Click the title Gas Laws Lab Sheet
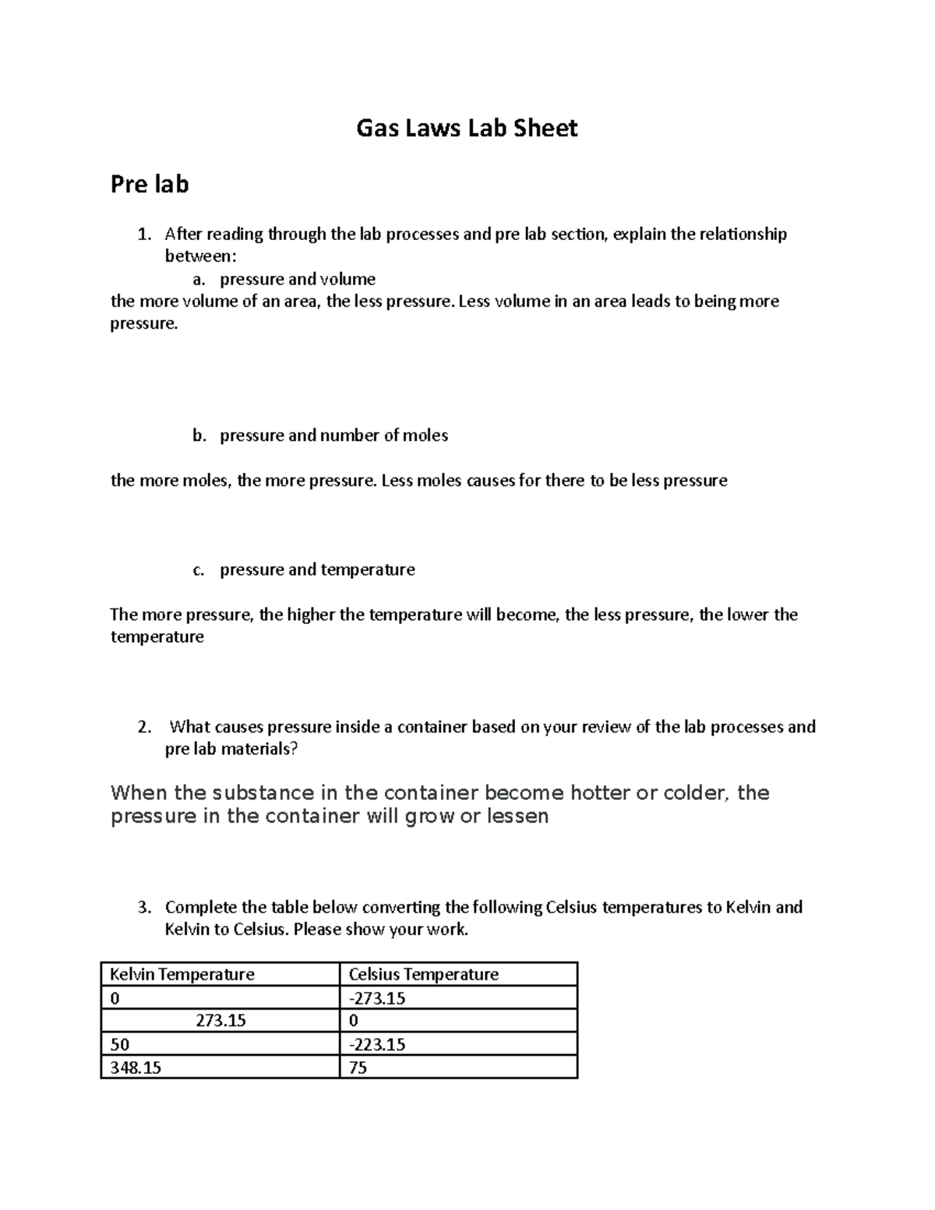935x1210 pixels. (467, 128)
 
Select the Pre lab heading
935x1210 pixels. (150, 185)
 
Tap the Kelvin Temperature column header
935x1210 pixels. (182, 974)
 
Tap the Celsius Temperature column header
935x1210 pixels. (423, 974)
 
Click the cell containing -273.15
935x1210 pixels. (377, 998)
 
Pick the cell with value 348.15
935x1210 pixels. (136, 1067)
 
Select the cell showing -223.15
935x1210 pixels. (377, 1044)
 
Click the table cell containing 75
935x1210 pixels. (358, 1067)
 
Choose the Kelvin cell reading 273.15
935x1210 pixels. (221, 1021)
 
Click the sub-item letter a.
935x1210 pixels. (198, 279)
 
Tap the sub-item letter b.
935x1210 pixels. (199, 436)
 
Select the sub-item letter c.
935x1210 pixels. (198, 570)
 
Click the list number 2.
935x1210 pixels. (143, 727)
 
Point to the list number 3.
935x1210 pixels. (143, 907)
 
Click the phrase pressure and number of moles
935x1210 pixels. (333, 436)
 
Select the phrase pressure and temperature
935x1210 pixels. (317, 570)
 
